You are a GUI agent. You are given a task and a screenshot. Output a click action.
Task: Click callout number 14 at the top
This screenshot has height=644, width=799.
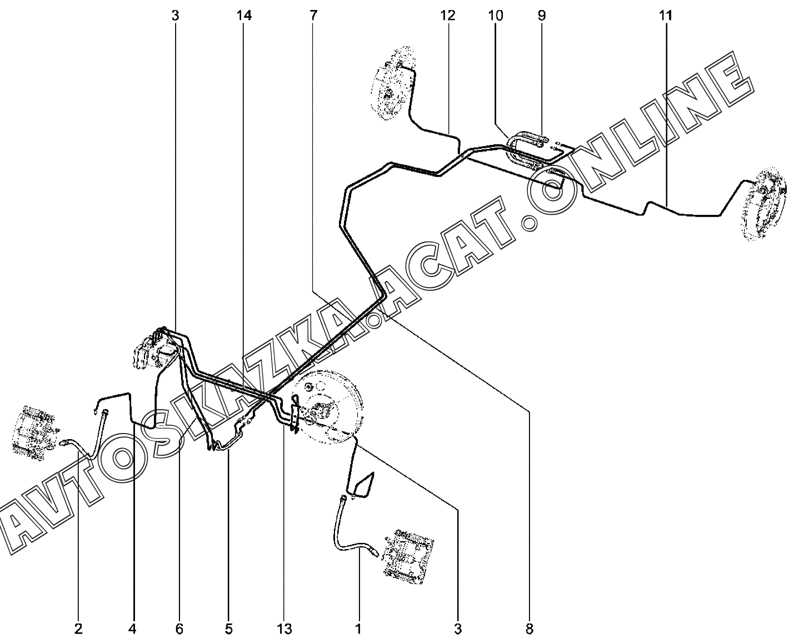coord(243,16)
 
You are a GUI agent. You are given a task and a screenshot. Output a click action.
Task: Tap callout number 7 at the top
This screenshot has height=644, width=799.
coord(313,16)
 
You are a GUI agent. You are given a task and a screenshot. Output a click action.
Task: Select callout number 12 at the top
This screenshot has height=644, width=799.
coord(448,16)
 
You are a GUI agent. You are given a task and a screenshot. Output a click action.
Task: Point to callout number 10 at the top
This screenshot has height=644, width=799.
coord(496,16)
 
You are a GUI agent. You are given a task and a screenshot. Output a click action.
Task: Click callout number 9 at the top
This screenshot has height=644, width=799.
coord(542,16)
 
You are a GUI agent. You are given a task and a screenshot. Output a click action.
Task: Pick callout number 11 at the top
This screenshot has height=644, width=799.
coord(666,16)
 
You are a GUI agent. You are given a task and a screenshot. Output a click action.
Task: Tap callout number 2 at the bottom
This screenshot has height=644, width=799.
coord(78,629)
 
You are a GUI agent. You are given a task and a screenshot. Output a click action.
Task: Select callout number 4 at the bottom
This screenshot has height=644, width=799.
coord(132,629)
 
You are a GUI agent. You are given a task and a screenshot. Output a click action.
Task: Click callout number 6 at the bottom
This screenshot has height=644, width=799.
coord(179,629)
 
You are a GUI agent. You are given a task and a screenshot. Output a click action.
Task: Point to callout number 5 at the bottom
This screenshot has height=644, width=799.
coord(228,629)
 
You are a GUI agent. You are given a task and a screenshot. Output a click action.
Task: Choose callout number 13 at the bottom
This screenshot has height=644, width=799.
coord(283,629)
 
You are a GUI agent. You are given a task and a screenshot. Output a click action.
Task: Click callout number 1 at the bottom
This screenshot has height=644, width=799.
coord(358,629)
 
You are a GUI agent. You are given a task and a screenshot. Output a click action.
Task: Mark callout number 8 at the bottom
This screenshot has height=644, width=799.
coord(529,629)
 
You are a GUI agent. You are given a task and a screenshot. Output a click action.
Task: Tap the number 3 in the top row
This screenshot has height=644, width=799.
coord(175,16)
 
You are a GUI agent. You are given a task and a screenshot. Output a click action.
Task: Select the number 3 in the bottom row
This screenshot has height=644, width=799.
coord(458,629)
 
